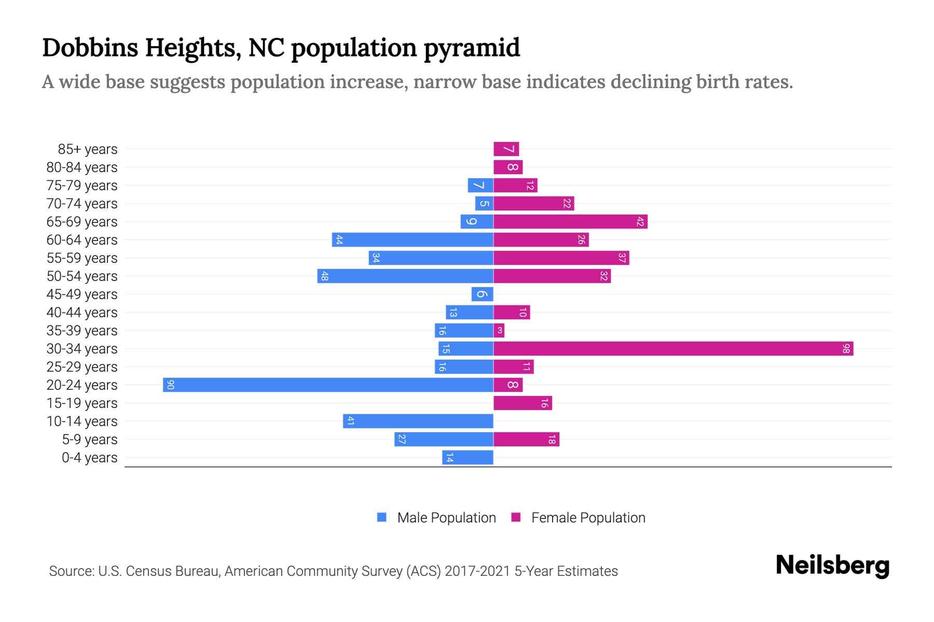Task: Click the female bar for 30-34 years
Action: (x=673, y=348)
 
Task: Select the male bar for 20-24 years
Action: (x=328, y=385)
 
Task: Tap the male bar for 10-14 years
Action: (x=418, y=421)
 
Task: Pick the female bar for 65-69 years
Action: (x=570, y=221)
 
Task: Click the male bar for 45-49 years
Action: (x=482, y=294)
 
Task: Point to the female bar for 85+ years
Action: (x=506, y=149)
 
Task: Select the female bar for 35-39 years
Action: (x=499, y=330)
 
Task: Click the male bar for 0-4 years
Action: (x=467, y=457)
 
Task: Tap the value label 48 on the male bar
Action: (x=324, y=276)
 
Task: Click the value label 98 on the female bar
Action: (x=846, y=348)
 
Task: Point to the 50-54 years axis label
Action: (x=82, y=276)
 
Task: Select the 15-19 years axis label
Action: (x=82, y=403)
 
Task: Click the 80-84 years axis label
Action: (x=82, y=167)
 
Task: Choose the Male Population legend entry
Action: (x=446, y=517)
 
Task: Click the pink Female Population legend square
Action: (x=516, y=517)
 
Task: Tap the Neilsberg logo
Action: (x=832, y=566)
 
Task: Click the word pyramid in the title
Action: (x=471, y=48)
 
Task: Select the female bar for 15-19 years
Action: (x=523, y=403)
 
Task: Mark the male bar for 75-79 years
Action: (x=480, y=185)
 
